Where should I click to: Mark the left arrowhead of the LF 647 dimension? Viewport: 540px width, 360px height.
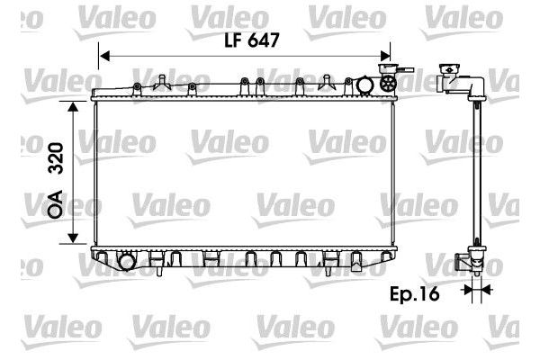102,56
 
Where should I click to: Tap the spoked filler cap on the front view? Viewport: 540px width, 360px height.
388,85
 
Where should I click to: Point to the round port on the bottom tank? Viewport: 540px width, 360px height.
126,262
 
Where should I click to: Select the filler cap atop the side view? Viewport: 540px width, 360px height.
448,70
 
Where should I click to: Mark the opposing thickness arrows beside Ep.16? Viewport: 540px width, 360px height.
476,290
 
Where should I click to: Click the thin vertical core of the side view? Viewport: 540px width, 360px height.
476,171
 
